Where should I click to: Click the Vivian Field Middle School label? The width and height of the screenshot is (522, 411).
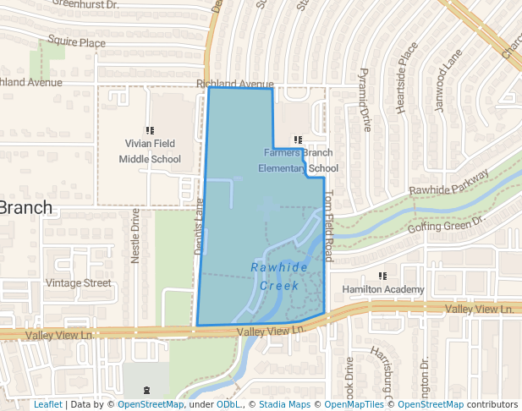150,151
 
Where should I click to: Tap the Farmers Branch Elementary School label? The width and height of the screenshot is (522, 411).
298,160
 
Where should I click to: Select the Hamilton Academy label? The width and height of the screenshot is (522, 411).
382,290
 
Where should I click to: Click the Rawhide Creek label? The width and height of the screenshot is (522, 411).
279,277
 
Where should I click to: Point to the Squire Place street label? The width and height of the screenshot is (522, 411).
76,41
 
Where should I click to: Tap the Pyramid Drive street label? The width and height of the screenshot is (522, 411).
365,100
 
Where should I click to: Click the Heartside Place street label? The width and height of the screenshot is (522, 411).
408,78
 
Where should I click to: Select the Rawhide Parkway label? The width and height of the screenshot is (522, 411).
448,183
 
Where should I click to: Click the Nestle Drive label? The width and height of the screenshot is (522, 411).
135,237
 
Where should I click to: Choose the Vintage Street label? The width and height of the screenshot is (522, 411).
78,282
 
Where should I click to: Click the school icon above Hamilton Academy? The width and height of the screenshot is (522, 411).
382,276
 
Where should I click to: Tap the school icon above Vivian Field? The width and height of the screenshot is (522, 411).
150,130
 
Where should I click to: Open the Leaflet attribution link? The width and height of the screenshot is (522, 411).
47,405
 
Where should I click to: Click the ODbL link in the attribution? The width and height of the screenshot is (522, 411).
228,405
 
